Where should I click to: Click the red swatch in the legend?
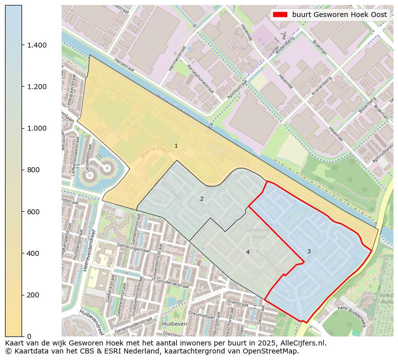coord(280,15)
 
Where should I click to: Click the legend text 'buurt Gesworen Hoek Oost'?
coord(339,15)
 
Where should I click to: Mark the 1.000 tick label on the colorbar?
coord(37,128)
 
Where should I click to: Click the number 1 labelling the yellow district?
coord(176,146)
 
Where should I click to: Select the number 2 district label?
coord(202,199)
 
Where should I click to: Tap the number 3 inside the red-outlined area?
coord(309,251)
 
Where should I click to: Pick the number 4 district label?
coord(248,252)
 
